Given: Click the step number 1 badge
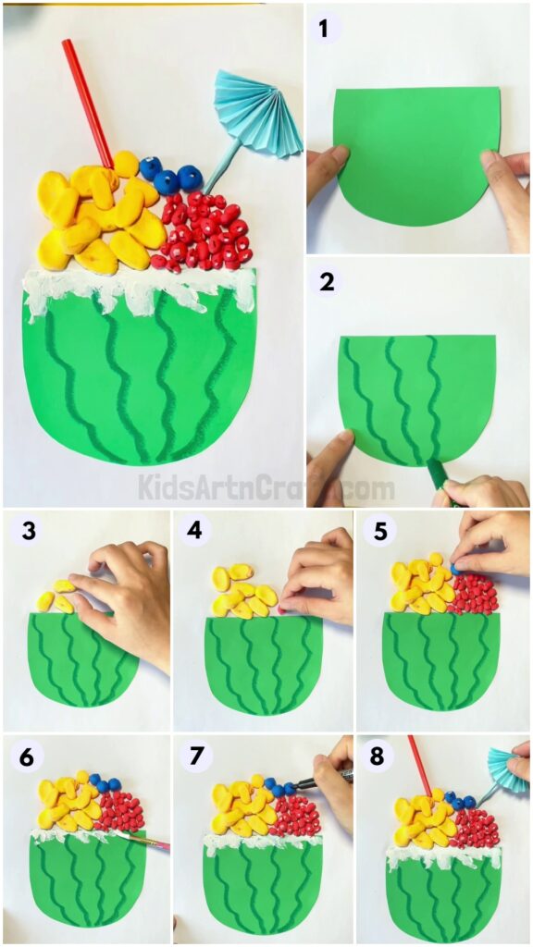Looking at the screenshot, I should pos(324,29).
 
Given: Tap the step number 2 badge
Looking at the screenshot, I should pos(327,282).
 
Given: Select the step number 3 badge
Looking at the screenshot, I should pos(29,532).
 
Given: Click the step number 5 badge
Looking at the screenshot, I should pos(378,532).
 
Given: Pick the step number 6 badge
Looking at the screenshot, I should pos(27,756).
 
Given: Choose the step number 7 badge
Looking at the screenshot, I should pos(194,756).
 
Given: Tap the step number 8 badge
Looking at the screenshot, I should pos(377,756).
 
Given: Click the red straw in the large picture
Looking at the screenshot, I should pos(87,101).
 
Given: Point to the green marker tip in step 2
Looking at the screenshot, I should pos(435,474).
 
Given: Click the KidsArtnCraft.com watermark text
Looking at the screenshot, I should pos(266,486).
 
